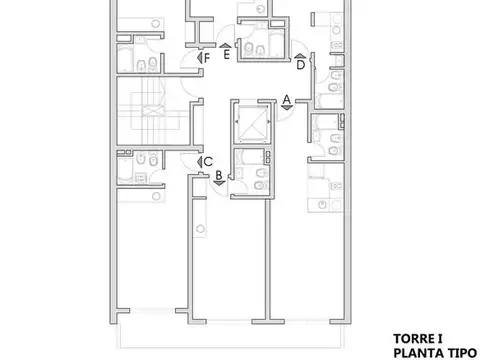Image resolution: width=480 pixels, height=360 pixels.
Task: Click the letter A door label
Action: point(286,98)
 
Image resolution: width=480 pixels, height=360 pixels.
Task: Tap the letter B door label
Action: point(218,174)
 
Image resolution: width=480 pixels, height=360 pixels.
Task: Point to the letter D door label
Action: point(300,65)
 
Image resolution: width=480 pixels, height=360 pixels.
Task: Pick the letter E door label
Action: point(227,56)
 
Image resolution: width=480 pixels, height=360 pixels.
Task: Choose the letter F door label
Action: point(206,58)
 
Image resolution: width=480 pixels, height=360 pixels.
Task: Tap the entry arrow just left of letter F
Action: point(198,58)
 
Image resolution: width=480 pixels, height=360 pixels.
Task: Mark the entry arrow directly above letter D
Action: point(300,56)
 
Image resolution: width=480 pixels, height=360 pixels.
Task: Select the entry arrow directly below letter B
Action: point(218,183)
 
